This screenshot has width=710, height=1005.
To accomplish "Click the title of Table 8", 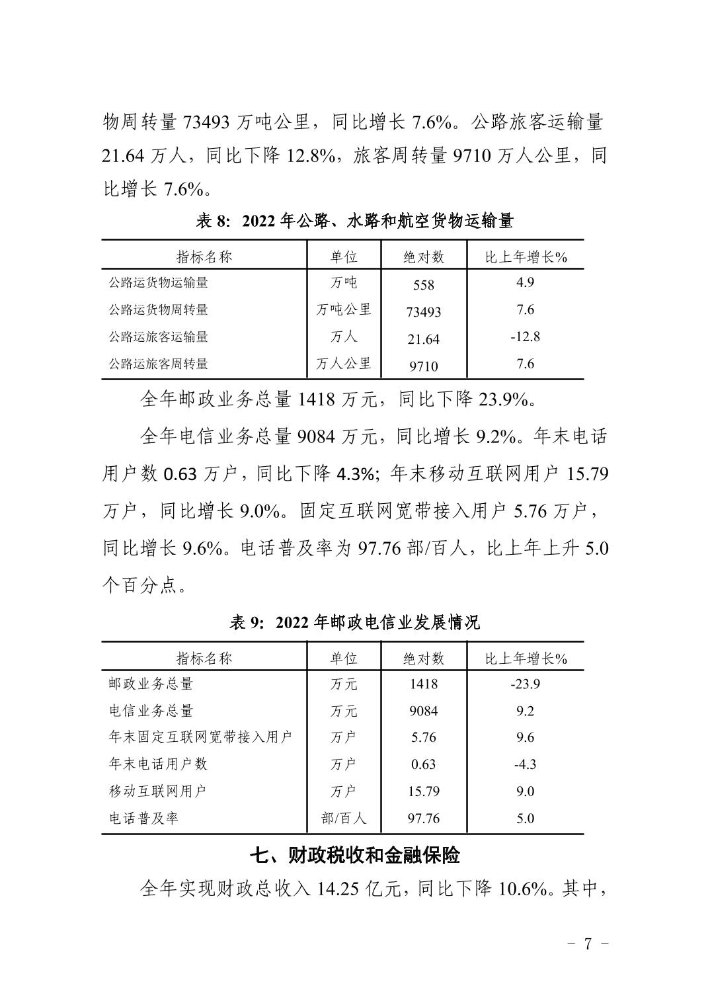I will coord(354,221).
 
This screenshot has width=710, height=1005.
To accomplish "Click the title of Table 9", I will coord(354,622).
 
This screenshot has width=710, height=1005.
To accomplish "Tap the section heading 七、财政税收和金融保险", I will coord(354,856).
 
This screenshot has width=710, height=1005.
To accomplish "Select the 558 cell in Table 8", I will coord(424,285).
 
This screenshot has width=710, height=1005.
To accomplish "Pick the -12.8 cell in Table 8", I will coord(525,337).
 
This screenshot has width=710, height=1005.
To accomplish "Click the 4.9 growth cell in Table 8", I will coord(525,282).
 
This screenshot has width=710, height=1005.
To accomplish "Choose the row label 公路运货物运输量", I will coord(159,282).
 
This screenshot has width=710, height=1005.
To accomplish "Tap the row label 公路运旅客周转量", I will coord(159,364).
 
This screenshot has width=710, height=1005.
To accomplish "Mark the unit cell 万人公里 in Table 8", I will coord(344,364).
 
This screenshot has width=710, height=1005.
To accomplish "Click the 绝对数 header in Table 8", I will coord(424,257).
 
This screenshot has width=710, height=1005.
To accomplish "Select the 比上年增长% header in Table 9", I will coord(526,659).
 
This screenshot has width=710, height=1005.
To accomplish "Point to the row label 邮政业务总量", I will coord(151,684).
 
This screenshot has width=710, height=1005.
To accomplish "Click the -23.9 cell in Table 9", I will coord(525,684).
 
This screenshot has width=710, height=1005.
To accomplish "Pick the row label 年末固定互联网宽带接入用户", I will coord(200,737).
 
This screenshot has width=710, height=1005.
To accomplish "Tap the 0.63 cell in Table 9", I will coord(424,764).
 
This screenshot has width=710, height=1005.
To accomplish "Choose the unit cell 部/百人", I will coord(344,819).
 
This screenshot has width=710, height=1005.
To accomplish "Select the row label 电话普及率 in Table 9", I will coord(143,819).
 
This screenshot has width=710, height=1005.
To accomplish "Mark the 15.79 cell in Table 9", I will coord(424,791).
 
